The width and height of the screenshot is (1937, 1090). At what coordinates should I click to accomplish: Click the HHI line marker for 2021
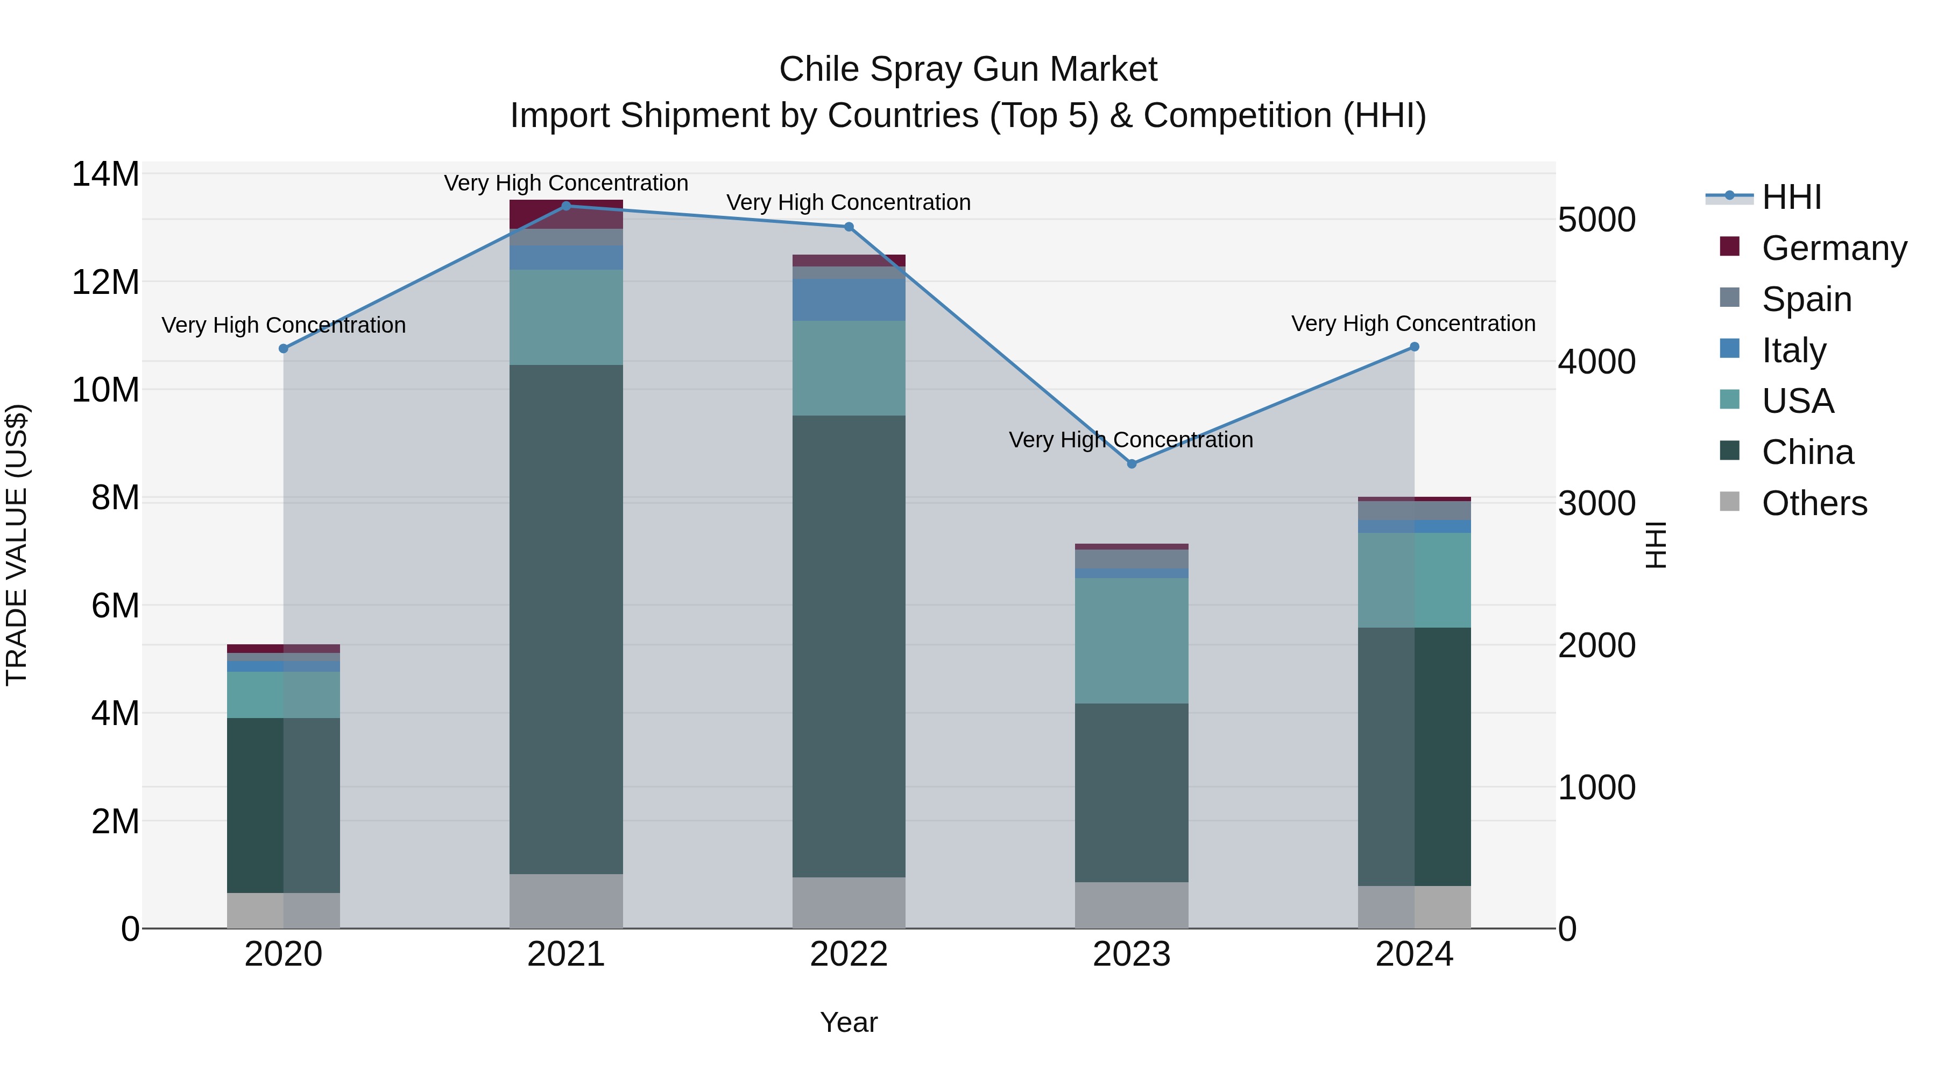(566, 206)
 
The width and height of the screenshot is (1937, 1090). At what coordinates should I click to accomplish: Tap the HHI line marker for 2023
(1132, 463)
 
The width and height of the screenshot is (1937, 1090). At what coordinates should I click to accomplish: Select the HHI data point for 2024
(1415, 347)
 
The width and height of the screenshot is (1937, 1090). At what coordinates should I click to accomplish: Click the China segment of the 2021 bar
(566, 618)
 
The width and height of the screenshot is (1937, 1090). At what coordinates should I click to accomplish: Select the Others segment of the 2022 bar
(849, 902)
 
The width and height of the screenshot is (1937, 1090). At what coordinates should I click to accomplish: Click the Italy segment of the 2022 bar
(849, 299)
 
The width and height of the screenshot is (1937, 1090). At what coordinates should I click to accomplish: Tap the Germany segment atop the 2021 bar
(566, 214)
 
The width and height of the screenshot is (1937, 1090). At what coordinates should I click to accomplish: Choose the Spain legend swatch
(1729, 298)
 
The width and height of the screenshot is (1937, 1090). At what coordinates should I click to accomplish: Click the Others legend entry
(1814, 503)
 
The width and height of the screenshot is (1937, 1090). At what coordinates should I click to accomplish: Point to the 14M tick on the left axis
(105, 174)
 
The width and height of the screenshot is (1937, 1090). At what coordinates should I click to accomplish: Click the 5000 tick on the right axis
(1596, 220)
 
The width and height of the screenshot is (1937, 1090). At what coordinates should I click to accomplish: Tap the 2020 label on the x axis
(284, 954)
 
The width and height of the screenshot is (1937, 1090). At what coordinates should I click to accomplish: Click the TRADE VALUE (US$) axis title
(17, 545)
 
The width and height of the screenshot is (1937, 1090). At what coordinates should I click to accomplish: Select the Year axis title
(849, 1022)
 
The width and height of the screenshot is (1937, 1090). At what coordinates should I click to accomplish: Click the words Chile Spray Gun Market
(968, 69)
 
